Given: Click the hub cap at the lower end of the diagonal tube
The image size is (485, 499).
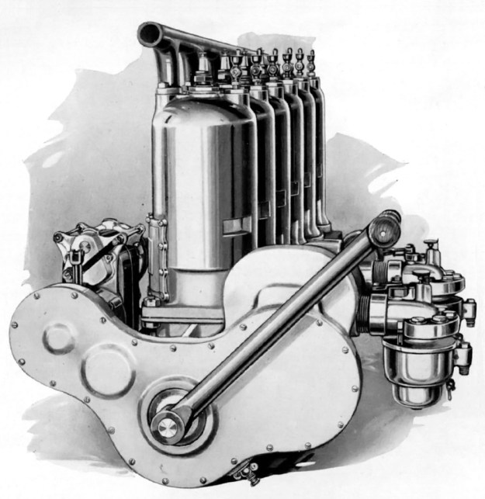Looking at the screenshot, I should (x=165, y=424).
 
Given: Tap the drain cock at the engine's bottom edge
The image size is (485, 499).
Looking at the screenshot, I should (x=247, y=470).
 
